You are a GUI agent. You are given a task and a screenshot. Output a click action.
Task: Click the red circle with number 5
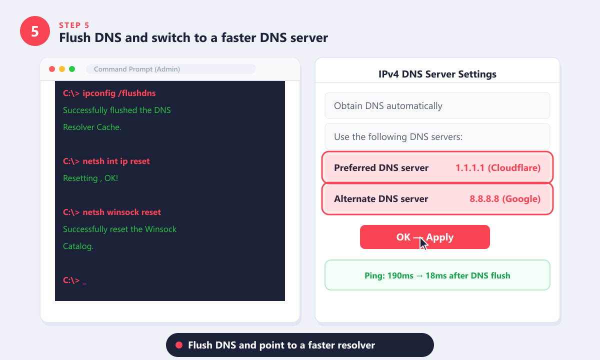[x=35, y=31]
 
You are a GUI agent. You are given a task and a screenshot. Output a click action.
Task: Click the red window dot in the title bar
[x=52, y=69]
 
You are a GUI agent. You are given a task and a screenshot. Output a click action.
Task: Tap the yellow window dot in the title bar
[x=62, y=69]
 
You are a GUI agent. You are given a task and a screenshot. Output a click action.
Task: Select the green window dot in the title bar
[x=72, y=69]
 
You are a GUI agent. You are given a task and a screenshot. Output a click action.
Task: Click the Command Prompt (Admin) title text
[x=137, y=69]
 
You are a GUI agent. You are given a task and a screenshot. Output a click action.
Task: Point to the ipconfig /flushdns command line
[x=109, y=93]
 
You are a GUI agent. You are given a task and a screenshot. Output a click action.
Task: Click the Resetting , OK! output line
[x=90, y=178]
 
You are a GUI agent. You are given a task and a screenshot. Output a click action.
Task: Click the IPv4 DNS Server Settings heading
[x=437, y=74]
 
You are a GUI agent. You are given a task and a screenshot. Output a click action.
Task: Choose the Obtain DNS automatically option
[x=437, y=105]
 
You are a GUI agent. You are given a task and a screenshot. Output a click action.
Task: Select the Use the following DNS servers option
[x=437, y=136]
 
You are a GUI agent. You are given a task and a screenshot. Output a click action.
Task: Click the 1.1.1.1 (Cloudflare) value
[x=498, y=168]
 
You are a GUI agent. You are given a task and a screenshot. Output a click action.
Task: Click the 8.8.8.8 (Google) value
[x=505, y=199]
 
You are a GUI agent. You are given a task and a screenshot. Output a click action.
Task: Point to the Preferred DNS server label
[x=381, y=168]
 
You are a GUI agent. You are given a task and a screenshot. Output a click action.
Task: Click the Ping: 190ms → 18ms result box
[x=437, y=275]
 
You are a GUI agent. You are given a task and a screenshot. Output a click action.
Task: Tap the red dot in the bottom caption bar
[x=179, y=345]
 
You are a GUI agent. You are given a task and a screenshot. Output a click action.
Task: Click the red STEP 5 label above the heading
[x=74, y=25]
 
